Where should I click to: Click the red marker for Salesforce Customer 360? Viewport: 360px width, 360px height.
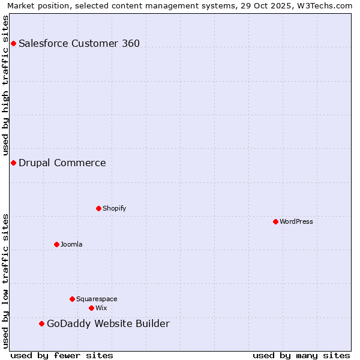[13, 43]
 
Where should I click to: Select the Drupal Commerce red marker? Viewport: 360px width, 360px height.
[13, 163]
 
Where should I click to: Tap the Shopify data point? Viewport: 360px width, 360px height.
[98, 208]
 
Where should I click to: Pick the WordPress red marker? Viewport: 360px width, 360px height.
[275, 221]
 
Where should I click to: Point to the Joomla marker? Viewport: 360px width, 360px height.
[56, 244]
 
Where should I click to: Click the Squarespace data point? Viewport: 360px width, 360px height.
[72, 299]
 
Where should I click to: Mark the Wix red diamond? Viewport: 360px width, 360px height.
[91, 308]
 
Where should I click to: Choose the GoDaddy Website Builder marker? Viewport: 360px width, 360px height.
[41, 323]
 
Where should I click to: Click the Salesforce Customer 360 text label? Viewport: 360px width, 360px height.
[79, 43]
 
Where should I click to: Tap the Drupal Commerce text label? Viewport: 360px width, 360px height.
[62, 163]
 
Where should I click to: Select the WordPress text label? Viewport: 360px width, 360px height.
[296, 221]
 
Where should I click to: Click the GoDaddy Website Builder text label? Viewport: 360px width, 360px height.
[108, 324]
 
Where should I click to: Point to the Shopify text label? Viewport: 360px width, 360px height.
[115, 208]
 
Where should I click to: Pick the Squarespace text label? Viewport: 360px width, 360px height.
[97, 299]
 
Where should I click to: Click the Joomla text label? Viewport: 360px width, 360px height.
[71, 244]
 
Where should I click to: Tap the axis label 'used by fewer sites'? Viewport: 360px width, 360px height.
[62, 355]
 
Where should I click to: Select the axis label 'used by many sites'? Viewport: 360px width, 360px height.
[301, 355]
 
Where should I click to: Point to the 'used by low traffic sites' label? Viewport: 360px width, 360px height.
[5, 281]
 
